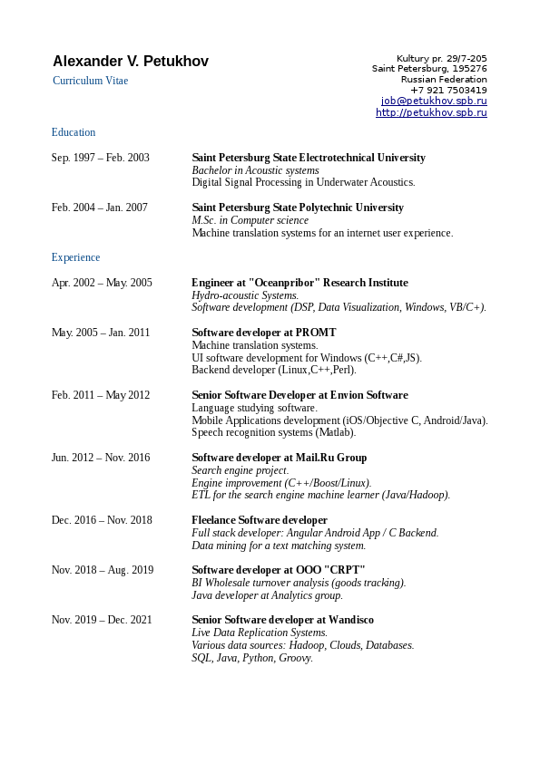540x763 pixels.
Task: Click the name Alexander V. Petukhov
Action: point(131,62)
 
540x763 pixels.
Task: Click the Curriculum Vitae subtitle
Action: point(90,81)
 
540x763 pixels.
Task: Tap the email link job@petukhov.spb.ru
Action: point(434,101)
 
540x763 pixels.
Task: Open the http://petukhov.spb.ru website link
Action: point(431,112)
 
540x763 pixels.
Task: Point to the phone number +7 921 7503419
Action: point(448,91)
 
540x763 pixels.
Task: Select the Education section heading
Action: point(74,132)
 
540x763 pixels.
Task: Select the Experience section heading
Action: point(75,257)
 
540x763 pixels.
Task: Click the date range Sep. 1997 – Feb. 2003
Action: point(101,158)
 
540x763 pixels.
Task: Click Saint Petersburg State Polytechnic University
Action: point(298,208)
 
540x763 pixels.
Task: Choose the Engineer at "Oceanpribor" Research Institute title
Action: point(299,283)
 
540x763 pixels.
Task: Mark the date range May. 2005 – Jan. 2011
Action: point(101,333)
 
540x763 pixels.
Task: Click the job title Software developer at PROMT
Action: point(263,333)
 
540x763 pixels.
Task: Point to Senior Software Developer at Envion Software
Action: point(299,395)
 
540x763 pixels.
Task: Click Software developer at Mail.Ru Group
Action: point(279,458)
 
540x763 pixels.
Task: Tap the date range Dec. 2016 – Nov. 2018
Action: point(102,520)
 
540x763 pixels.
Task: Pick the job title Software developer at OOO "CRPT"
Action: point(278,570)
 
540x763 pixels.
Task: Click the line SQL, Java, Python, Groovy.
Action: point(251,658)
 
